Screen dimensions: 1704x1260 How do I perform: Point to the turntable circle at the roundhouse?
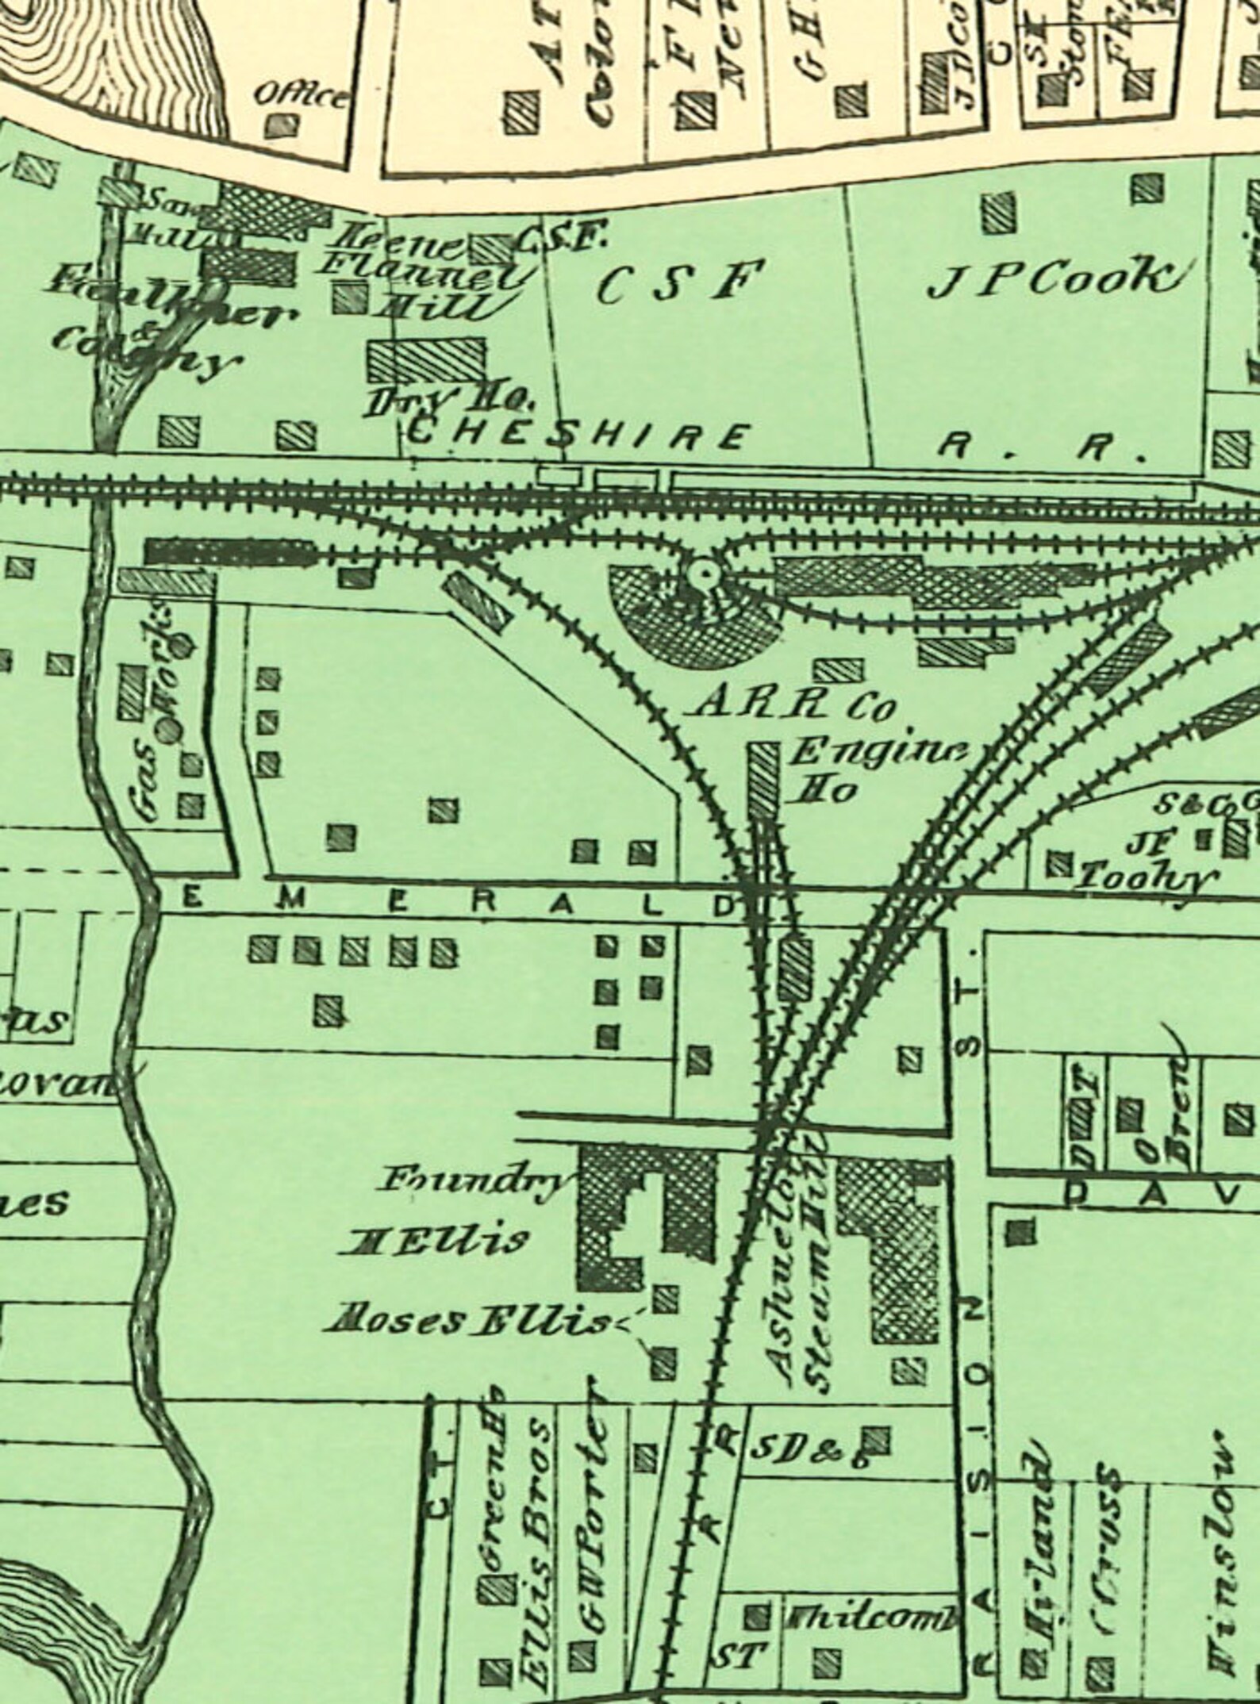[702, 572]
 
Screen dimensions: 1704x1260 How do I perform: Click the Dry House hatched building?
[426, 360]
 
